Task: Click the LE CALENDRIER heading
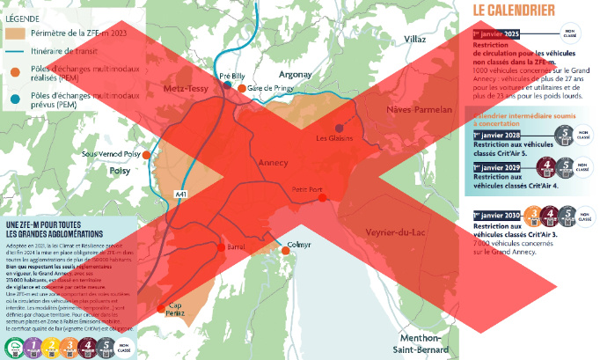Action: pos(513,11)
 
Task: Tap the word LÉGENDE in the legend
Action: pos(24,18)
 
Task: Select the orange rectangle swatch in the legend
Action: pos(18,33)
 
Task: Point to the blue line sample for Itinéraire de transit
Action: pos(18,52)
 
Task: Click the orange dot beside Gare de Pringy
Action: pos(241,89)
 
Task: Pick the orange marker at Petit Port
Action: pos(323,197)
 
